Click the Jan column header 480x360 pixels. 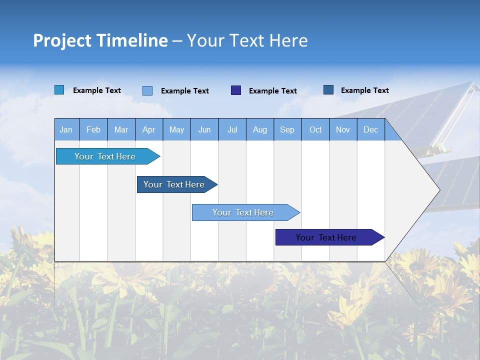[x=66, y=129]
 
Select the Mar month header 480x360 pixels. [x=121, y=129]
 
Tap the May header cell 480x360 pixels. [x=176, y=129]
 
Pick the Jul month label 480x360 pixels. [x=232, y=129]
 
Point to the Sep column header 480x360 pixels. [x=287, y=129]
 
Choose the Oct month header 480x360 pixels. [x=315, y=129]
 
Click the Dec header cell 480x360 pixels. [x=370, y=129]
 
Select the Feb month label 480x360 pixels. [x=93, y=129]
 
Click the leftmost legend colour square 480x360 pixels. [x=59, y=90]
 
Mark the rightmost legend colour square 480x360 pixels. [x=328, y=90]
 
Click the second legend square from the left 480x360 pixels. [x=147, y=90]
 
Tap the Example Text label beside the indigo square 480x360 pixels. [x=272, y=91]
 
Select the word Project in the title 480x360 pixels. [x=62, y=40]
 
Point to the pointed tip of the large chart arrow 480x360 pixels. [x=439, y=190]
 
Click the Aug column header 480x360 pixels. [x=259, y=129]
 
